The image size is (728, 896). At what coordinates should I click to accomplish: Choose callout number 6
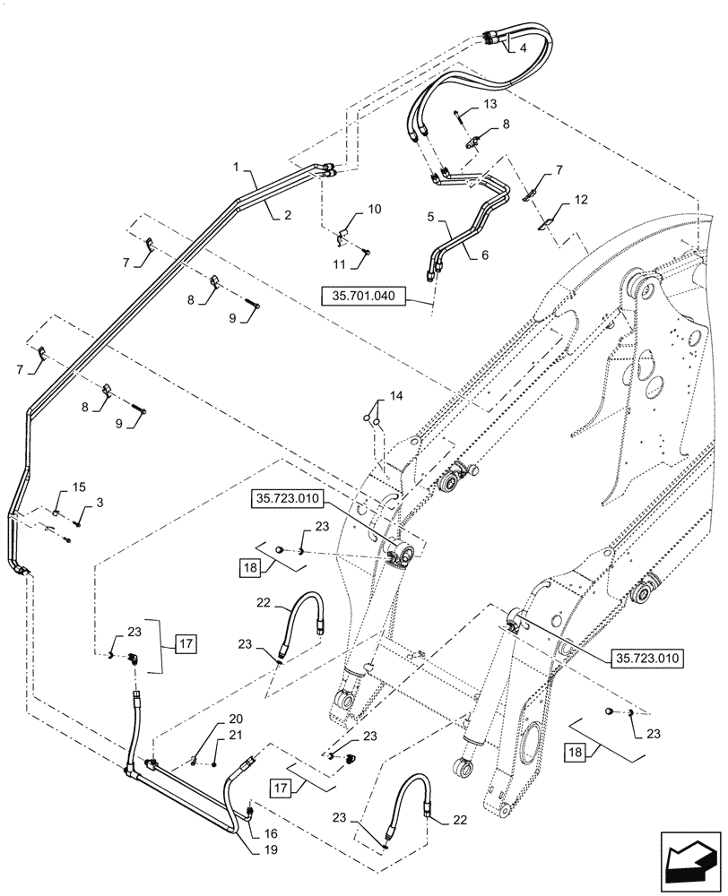(x=485, y=254)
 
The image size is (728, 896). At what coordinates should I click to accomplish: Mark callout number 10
(x=374, y=210)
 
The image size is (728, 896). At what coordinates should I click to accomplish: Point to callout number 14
(x=395, y=396)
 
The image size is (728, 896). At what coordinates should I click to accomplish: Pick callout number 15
(x=79, y=487)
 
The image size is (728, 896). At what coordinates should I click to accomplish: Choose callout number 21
(x=236, y=736)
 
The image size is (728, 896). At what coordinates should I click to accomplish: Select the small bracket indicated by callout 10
(x=342, y=238)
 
